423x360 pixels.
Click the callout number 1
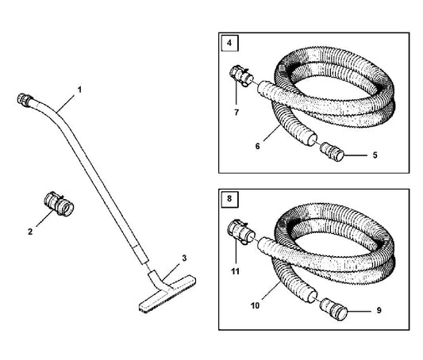pyautogui.click(x=79, y=90)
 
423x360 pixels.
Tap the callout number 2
pyautogui.click(x=30, y=232)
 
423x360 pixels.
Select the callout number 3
pyautogui.click(x=184, y=259)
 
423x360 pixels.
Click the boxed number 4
pyautogui.click(x=229, y=43)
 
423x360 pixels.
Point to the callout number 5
pyautogui.click(x=375, y=155)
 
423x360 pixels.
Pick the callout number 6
pyautogui.click(x=257, y=147)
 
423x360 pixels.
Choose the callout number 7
pyautogui.click(x=236, y=113)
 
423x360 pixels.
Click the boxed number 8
pyautogui.click(x=229, y=199)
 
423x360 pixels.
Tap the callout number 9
pyautogui.click(x=379, y=311)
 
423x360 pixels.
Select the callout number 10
pyautogui.click(x=255, y=305)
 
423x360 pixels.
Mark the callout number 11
pyautogui.click(x=236, y=271)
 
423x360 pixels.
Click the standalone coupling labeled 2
pyautogui.click(x=59, y=205)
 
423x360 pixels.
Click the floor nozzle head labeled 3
pyautogui.click(x=167, y=293)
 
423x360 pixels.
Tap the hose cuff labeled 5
pyautogui.click(x=332, y=152)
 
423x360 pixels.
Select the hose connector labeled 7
pyautogui.click(x=241, y=76)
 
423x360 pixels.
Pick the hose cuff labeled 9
pyautogui.click(x=333, y=309)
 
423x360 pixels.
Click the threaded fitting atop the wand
pyautogui.click(x=25, y=99)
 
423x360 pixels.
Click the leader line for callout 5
pyautogui.click(x=356, y=155)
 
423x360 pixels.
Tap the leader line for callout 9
pyautogui.click(x=360, y=311)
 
